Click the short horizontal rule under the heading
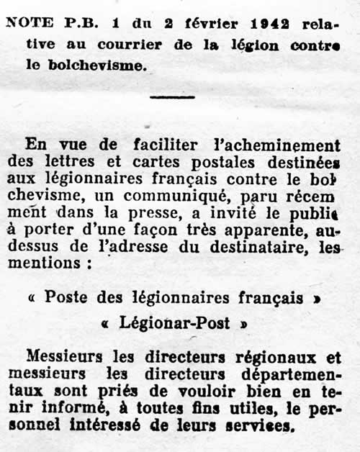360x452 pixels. point(173,96)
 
